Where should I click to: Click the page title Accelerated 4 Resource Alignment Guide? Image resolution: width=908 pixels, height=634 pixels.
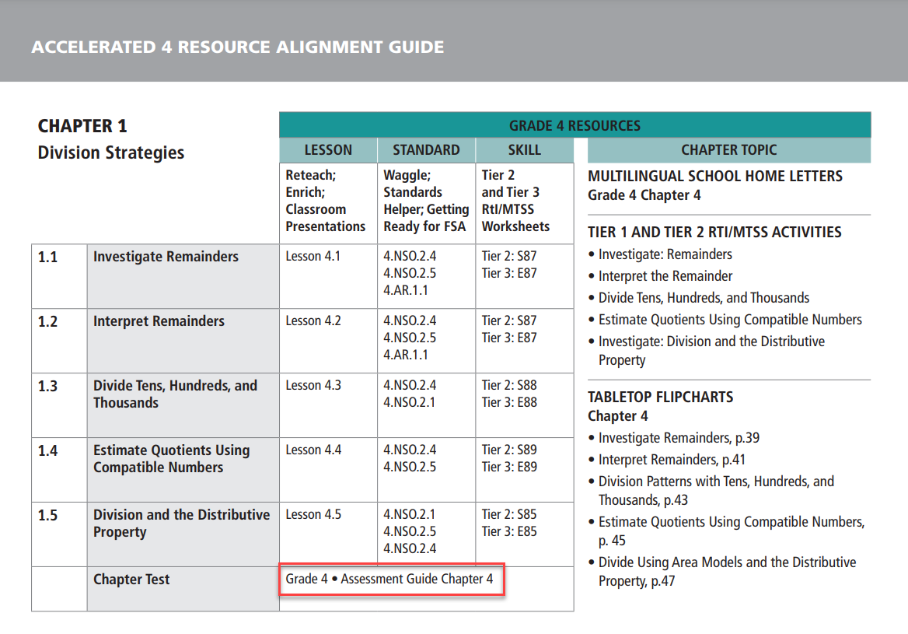[237, 47]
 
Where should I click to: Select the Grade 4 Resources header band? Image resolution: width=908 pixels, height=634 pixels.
[574, 125]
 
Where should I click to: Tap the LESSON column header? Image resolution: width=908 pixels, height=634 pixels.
[328, 150]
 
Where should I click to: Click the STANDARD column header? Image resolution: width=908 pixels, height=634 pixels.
[426, 150]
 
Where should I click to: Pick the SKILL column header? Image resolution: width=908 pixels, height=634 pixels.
[524, 150]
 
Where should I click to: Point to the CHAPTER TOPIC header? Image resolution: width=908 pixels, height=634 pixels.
[728, 150]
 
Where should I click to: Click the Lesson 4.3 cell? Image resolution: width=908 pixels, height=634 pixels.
[313, 385]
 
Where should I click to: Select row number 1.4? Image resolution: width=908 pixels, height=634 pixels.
[48, 450]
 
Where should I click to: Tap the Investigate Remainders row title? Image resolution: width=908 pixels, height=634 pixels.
[166, 257]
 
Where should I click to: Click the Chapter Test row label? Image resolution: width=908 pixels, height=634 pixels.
[131, 580]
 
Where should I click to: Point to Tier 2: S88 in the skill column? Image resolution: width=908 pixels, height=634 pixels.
[509, 385]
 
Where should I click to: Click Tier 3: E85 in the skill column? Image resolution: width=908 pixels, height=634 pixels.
[509, 532]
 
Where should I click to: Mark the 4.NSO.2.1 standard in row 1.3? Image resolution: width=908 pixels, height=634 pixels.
[410, 402]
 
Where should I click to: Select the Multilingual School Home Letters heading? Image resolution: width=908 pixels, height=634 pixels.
[715, 177]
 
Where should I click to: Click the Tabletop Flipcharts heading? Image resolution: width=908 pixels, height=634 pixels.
[660, 398]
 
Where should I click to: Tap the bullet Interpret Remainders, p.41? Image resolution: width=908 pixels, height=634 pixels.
[672, 460]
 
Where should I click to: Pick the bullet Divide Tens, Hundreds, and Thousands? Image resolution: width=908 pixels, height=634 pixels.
[704, 298]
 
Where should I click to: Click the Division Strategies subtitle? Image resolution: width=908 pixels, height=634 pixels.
[111, 152]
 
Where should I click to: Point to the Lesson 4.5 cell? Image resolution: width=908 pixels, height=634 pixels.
[313, 514]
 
